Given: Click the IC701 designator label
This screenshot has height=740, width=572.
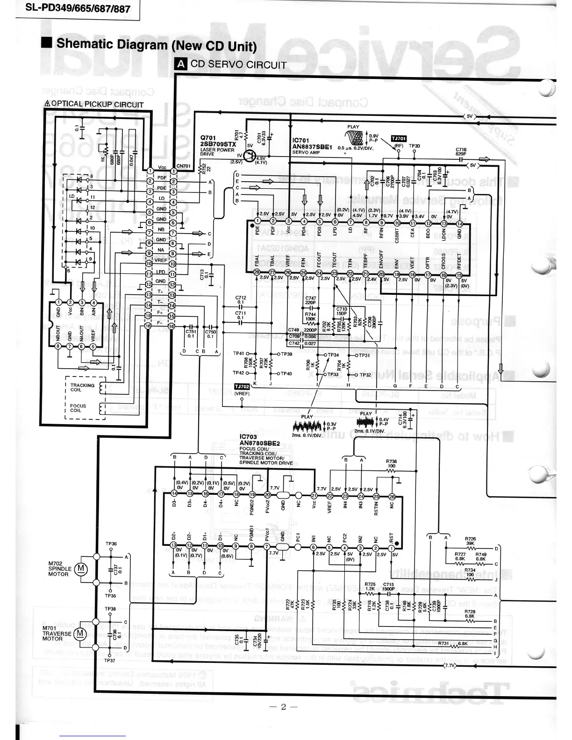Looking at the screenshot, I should pos(300,141).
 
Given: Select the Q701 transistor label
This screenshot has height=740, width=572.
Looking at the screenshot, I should pos(208,138).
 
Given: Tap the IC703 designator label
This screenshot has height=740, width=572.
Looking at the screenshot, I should pos(248,437).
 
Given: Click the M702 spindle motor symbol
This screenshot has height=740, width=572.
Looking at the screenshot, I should pos(82,568).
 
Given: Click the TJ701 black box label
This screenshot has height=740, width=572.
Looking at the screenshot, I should pos(399,138).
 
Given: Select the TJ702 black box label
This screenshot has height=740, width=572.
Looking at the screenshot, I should pos(242,386).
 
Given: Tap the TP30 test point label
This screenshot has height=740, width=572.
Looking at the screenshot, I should pos(415,146).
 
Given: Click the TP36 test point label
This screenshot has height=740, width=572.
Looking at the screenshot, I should pos(111,544).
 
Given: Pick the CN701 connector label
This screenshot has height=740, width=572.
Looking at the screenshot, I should pos(183,166).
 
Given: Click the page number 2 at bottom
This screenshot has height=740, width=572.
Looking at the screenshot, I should pos(283,706).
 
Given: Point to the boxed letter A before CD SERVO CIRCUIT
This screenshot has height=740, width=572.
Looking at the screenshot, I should pos(180,64).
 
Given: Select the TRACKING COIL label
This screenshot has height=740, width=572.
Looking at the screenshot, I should pos(82,387).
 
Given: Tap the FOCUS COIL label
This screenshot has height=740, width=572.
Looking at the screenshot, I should pos(78,408).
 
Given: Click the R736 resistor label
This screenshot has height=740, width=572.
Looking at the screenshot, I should pos(391,463).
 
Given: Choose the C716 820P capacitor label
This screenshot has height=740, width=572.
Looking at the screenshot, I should pos(461,151).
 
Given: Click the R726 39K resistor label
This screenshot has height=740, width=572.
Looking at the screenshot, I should pos(470,541).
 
